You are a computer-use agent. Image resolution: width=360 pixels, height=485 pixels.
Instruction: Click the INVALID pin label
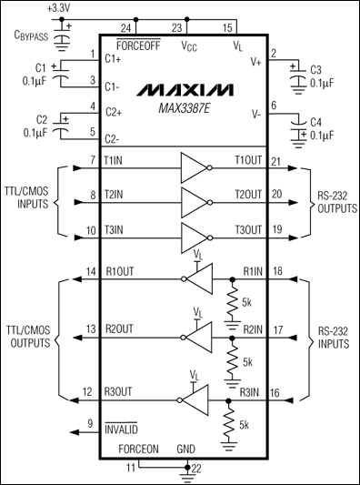tap(122, 425)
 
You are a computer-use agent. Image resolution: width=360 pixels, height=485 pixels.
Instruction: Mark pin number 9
tap(90, 423)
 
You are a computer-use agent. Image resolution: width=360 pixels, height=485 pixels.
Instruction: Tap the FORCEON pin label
tap(137, 450)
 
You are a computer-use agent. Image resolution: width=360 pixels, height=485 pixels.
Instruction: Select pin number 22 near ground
tap(196, 469)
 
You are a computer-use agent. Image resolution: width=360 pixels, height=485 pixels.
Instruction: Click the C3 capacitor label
tap(316, 69)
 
